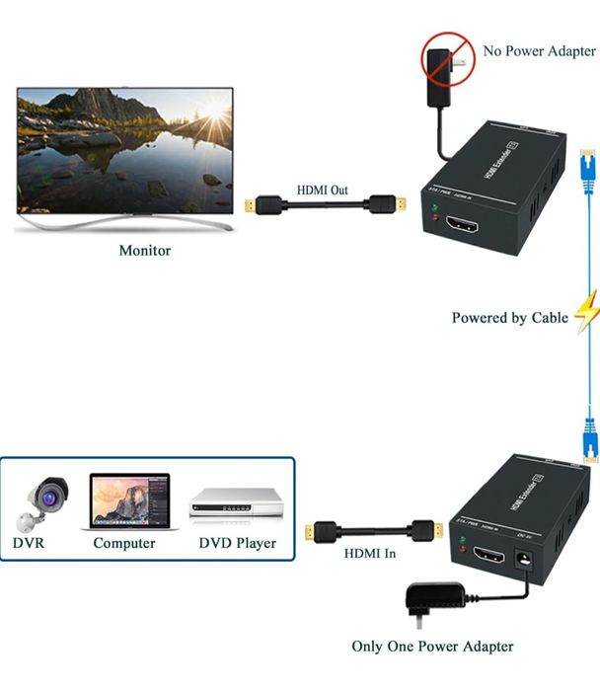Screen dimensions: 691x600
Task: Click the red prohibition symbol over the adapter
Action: click(446, 60)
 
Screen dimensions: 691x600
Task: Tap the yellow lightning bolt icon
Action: click(587, 312)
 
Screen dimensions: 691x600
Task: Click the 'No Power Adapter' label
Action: click(539, 50)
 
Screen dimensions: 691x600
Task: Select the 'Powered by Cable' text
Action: click(509, 318)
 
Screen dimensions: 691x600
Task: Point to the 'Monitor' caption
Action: click(145, 251)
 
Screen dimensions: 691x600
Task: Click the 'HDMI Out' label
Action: click(322, 192)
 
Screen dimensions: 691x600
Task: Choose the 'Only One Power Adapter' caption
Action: click(433, 647)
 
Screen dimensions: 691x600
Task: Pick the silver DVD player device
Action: click(237, 505)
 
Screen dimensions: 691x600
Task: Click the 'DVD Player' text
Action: click(237, 543)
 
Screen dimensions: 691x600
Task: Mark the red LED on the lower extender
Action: click(461, 559)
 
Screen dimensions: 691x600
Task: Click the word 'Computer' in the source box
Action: click(124, 543)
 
